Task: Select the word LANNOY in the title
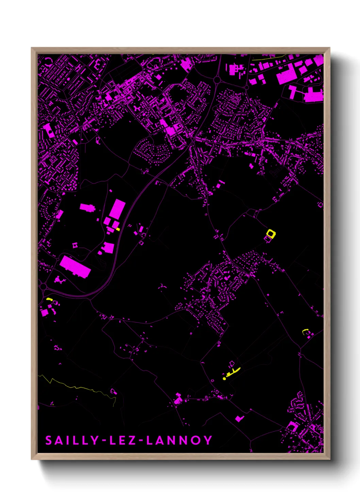click(x=179, y=440)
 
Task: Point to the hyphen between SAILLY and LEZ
click(x=105, y=441)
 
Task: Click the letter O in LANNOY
click(x=195, y=440)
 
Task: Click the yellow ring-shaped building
click(x=271, y=234)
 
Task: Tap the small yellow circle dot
click(x=224, y=378)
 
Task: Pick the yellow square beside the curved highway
click(x=118, y=229)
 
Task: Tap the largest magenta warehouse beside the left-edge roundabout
click(x=75, y=267)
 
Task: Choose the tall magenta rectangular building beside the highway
click(x=117, y=209)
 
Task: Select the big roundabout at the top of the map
click(x=217, y=80)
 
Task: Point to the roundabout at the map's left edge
click(x=43, y=286)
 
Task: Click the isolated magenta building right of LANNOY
click(x=240, y=418)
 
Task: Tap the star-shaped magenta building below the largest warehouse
click(x=60, y=280)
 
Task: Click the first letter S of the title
click(x=49, y=440)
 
